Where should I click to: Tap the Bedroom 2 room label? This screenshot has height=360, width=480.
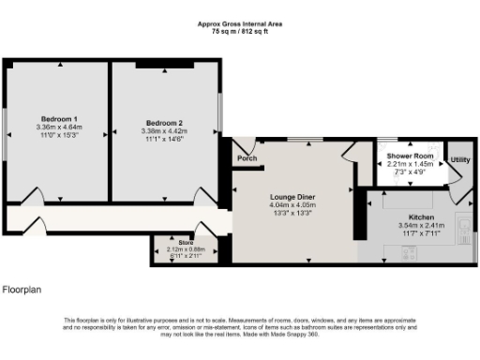click(x=163, y=123)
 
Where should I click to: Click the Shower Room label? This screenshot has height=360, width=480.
click(x=410, y=156)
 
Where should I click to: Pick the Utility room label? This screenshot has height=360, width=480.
click(x=459, y=160)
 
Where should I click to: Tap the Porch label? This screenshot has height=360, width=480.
click(x=247, y=158)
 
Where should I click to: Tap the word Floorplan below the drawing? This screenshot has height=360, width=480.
click(x=22, y=291)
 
